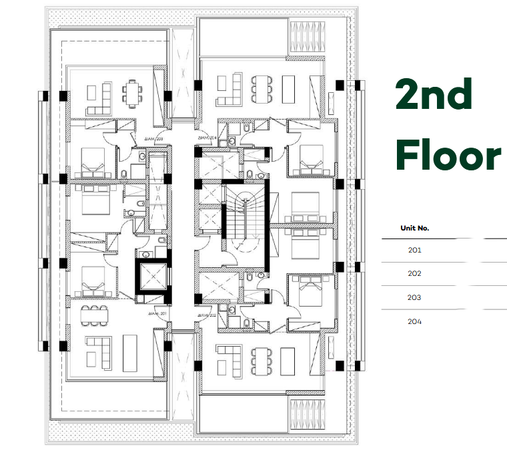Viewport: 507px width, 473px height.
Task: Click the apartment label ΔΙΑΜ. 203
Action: [x=154, y=139]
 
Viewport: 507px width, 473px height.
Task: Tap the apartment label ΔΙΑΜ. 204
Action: [x=209, y=139]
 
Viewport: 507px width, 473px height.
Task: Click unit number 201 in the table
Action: [x=414, y=250]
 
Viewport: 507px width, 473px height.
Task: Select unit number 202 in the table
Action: [x=414, y=274]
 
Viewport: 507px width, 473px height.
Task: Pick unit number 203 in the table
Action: [x=414, y=298]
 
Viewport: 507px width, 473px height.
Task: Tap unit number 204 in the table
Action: [x=414, y=322]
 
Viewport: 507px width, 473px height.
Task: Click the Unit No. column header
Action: [x=414, y=228]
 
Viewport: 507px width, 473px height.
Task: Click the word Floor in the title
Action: [x=448, y=155]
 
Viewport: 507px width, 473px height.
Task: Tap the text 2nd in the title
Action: [x=434, y=95]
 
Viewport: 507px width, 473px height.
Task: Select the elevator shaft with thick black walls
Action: [x=151, y=277]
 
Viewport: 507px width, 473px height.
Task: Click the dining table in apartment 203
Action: [x=133, y=91]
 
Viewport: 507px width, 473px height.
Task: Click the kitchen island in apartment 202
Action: [x=289, y=361]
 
